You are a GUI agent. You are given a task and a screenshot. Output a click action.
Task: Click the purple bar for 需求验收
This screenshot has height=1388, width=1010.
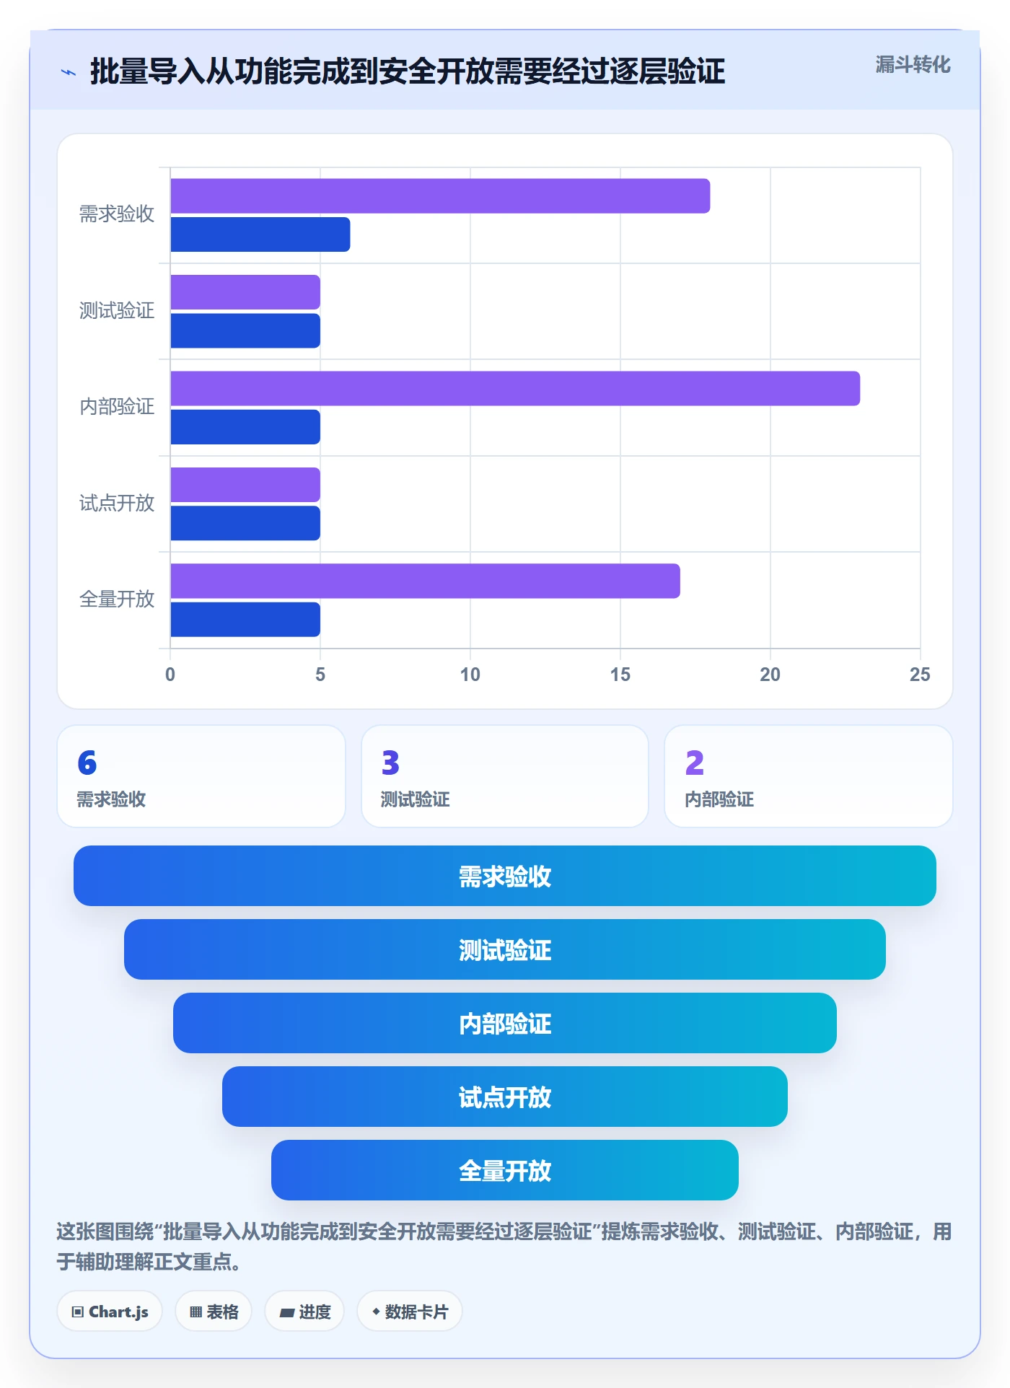tap(440, 196)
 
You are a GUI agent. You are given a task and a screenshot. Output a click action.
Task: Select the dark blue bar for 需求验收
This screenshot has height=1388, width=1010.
tap(260, 234)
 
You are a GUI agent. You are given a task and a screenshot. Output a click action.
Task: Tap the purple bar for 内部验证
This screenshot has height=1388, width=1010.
tap(515, 389)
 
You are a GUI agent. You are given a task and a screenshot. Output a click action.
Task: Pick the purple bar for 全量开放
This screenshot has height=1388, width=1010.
tap(425, 581)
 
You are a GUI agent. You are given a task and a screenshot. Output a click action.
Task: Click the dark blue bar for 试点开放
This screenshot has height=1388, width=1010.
tap(245, 523)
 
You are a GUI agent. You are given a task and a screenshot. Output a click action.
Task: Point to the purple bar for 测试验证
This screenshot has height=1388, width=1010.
tap(245, 292)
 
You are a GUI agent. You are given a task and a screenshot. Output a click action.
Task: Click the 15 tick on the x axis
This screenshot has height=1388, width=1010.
tap(620, 675)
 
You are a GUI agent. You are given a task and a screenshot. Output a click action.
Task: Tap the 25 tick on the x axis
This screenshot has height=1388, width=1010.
tap(920, 675)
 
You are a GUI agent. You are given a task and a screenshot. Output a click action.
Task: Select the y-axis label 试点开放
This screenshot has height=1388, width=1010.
tap(117, 503)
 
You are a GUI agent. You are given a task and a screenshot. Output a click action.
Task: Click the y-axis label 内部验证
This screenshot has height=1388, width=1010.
tap(117, 406)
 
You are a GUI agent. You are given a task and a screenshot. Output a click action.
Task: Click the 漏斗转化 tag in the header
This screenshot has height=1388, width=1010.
tap(913, 65)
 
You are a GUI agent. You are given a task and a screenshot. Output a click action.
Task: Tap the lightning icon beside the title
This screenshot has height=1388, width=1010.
tap(69, 72)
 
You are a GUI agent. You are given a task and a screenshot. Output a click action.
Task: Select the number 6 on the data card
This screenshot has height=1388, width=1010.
tap(87, 763)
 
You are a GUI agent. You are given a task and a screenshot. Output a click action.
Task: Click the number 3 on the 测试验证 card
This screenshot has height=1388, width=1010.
tap(390, 763)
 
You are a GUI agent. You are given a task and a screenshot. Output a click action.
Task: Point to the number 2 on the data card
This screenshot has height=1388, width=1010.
tap(695, 763)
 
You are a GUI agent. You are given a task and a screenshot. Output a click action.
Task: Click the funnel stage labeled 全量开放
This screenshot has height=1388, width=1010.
tap(505, 1170)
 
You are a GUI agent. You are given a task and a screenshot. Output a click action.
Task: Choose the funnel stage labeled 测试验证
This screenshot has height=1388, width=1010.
tap(505, 949)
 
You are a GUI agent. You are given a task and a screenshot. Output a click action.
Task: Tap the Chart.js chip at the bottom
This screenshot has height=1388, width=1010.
tap(110, 1312)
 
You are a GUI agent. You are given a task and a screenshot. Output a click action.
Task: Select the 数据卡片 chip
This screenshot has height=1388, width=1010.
tap(410, 1312)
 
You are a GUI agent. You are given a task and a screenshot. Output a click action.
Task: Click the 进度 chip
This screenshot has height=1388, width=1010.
tap(304, 1312)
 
